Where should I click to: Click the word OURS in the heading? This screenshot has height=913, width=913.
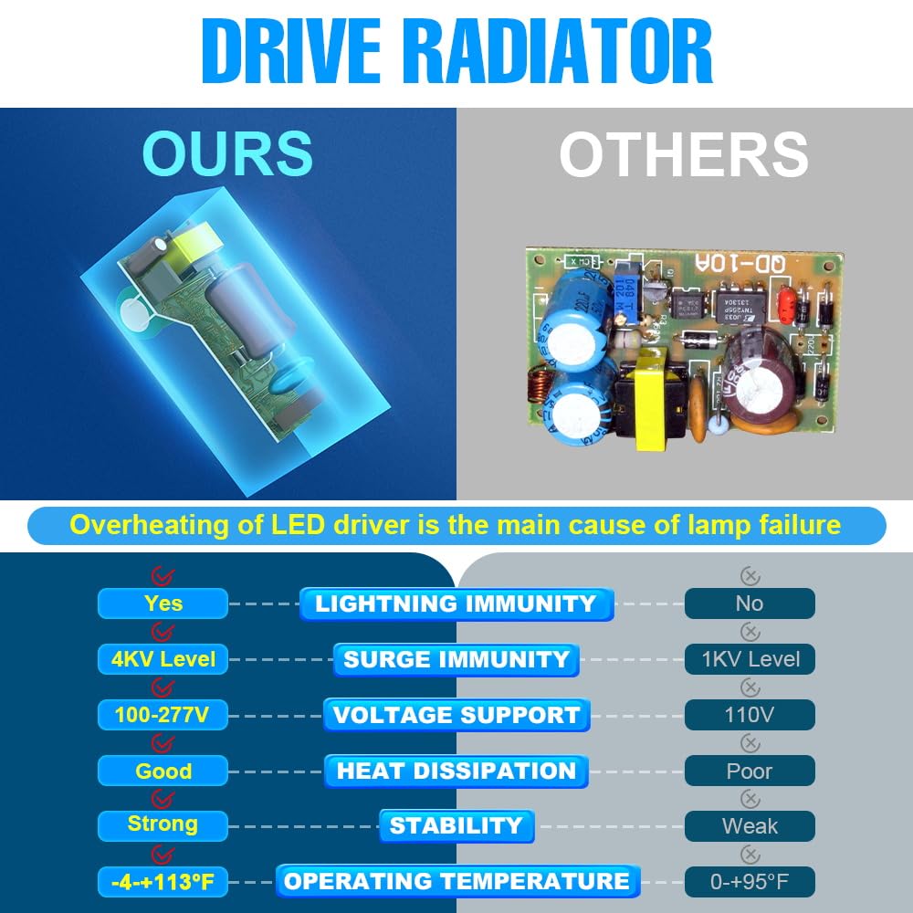tap(227, 153)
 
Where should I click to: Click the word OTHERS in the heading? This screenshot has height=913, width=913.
tap(684, 153)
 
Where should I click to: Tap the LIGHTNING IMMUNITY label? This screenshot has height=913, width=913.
tap(456, 603)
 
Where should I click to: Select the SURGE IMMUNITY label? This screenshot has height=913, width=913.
tap(456, 660)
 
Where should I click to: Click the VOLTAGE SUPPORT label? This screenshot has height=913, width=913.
tap(456, 715)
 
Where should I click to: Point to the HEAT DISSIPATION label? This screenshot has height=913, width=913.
tap(456, 771)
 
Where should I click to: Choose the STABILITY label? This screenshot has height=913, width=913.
tap(456, 825)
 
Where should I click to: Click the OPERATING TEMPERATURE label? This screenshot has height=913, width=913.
tap(457, 881)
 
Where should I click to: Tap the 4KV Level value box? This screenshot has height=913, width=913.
tap(163, 659)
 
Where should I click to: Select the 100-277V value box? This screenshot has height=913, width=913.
tap(163, 715)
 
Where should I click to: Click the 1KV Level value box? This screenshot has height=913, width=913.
tap(750, 659)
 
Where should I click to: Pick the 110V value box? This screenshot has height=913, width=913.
tap(750, 715)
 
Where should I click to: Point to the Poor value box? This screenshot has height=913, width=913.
tap(750, 771)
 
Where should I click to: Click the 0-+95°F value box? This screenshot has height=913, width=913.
tap(750, 882)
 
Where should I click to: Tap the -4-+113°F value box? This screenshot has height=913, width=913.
tap(163, 882)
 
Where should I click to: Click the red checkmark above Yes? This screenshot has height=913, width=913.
tap(163, 576)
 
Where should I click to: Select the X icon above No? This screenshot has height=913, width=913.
tap(750, 576)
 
